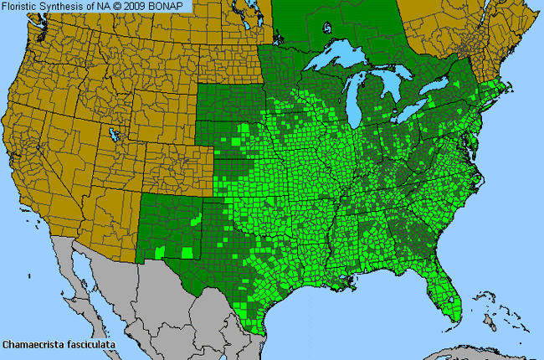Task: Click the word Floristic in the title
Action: [22, 7]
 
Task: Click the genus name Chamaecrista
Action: [34, 344]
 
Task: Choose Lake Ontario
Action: [452, 94]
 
